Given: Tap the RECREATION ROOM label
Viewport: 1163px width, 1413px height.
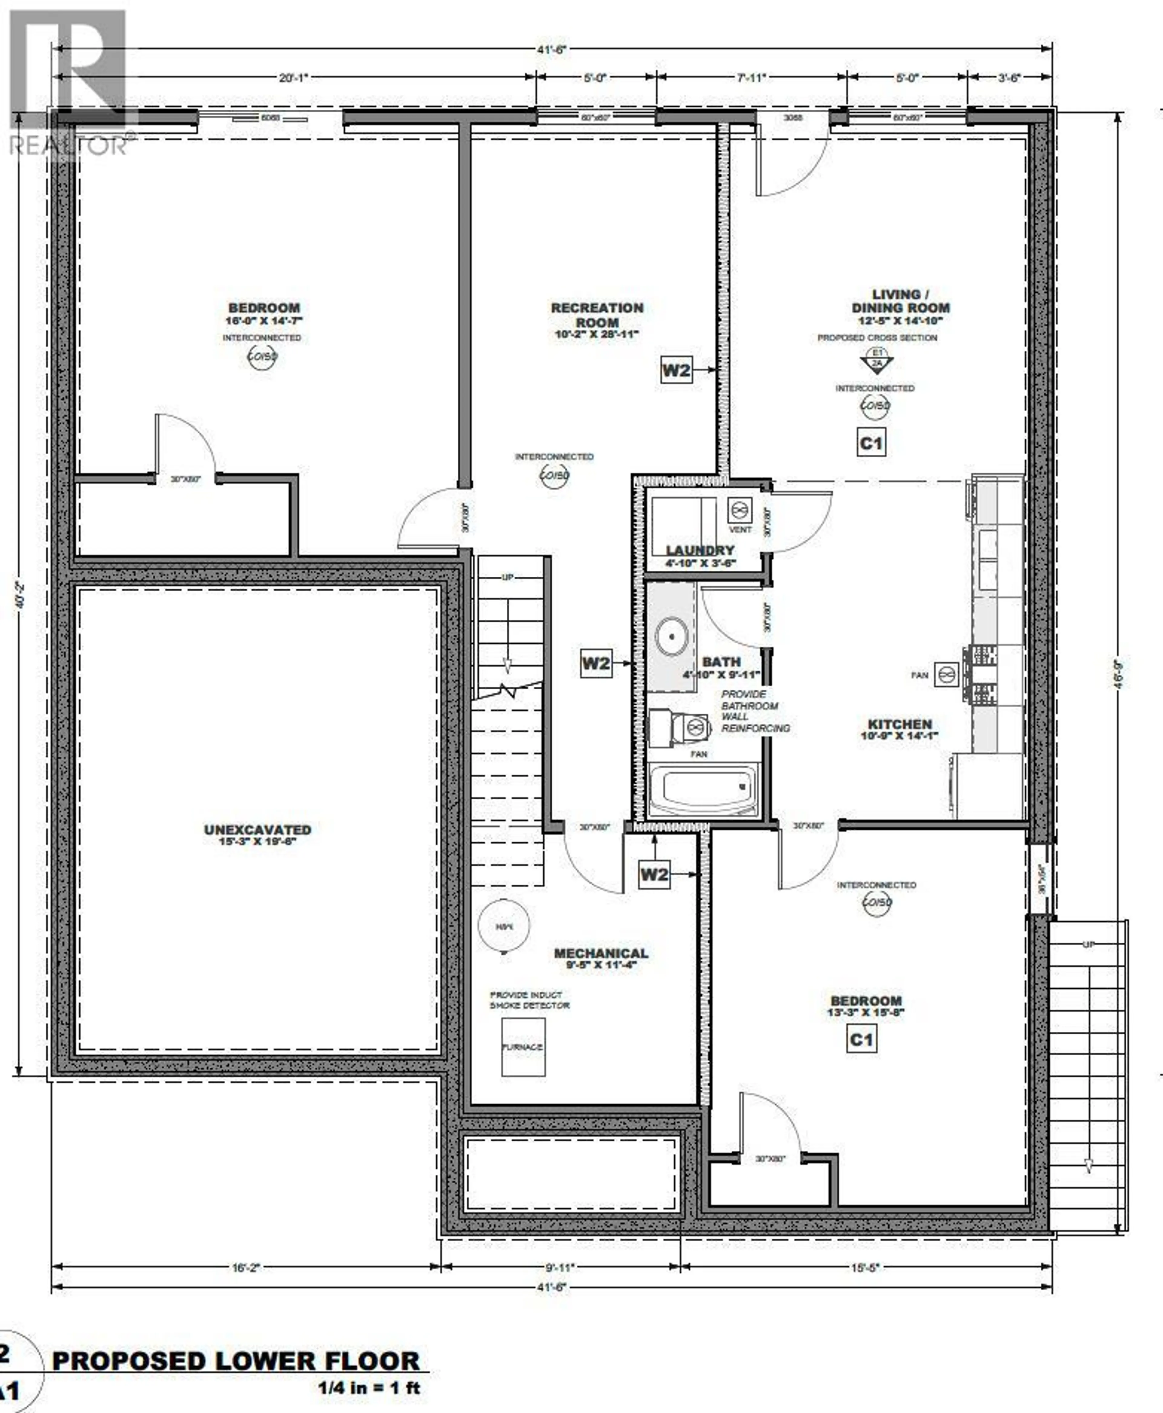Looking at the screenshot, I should click(x=597, y=315).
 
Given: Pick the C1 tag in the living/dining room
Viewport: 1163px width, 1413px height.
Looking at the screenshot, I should click(x=871, y=443).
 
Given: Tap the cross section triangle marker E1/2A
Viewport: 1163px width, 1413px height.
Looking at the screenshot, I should click(x=877, y=362).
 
